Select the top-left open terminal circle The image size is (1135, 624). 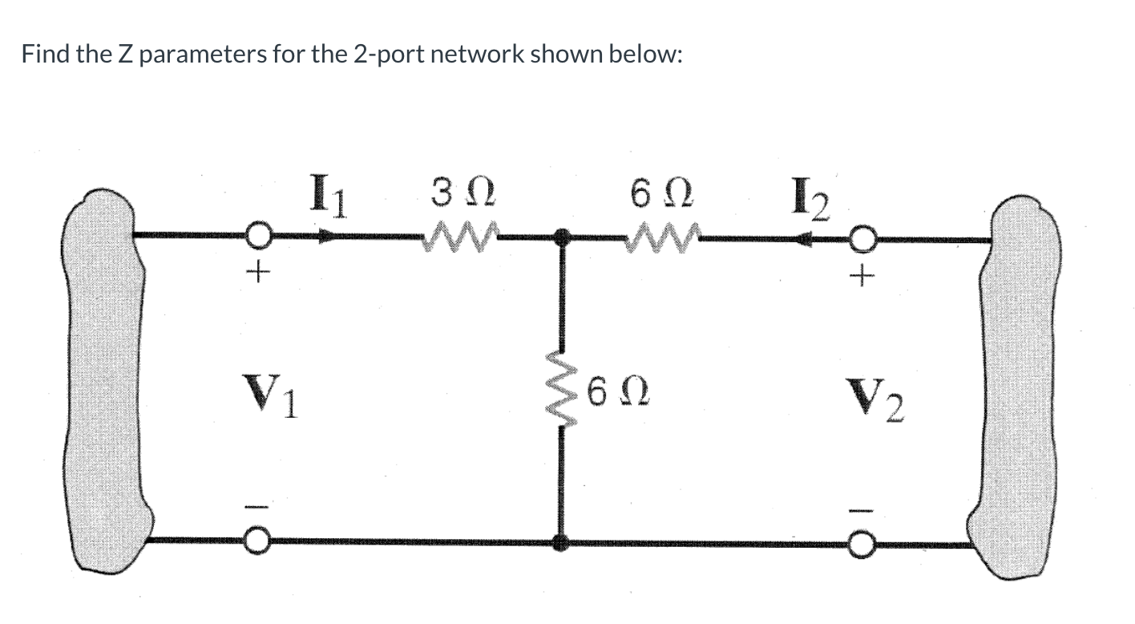[257, 237]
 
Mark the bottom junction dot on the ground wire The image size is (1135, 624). [563, 543]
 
